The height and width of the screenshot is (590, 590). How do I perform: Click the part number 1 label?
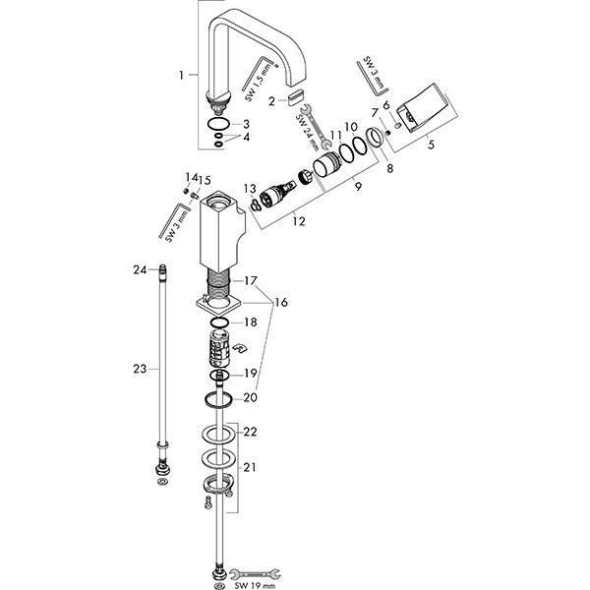181,75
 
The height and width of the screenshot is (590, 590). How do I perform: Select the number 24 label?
141,268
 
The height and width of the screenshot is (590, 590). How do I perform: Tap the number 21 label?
250,467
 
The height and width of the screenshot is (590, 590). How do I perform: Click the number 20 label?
250,398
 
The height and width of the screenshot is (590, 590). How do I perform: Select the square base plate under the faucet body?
219,308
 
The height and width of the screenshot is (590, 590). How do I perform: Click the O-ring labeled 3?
220,124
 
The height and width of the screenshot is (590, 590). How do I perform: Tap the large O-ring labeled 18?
222,323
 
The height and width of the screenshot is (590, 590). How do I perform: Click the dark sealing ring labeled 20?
220,397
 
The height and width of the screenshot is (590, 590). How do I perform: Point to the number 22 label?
250,432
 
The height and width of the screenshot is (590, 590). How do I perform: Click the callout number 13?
250,187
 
